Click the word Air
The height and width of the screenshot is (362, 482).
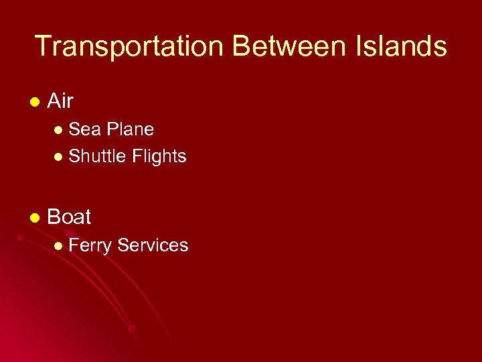[x=60, y=102]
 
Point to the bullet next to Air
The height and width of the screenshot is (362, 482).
[x=34, y=103]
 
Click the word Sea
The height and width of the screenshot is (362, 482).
[x=84, y=129]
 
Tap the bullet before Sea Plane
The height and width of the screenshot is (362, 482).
[x=59, y=129]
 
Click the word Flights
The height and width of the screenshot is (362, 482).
[x=159, y=156]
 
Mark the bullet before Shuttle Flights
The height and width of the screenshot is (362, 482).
[x=59, y=157]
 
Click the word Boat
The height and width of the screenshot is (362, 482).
[x=70, y=217]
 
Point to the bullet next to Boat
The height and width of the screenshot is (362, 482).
[x=34, y=218]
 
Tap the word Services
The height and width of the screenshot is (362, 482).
[x=153, y=245]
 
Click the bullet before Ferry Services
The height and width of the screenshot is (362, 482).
[x=59, y=246]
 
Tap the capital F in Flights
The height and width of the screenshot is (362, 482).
[x=136, y=156]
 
